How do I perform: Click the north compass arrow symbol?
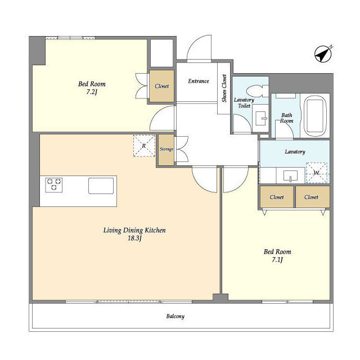point(323,54)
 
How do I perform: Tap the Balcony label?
point(175,316)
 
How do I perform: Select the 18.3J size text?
point(134,238)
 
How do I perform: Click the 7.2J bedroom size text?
point(92,92)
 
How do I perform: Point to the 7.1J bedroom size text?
point(277,260)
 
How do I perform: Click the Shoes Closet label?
point(224,88)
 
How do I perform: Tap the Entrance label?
point(199,81)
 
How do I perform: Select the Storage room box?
point(166,150)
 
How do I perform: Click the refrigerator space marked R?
point(144,146)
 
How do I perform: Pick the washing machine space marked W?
point(316,173)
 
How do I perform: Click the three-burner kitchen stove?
point(54,185)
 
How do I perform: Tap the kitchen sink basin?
point(101,186)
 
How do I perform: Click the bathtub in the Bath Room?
point(315,116)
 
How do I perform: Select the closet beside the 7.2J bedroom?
point(161,86)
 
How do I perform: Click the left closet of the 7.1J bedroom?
point(277,197)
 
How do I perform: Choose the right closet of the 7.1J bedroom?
point(313,197)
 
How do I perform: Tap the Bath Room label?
point(286,118)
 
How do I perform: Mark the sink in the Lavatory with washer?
point(291,175)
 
